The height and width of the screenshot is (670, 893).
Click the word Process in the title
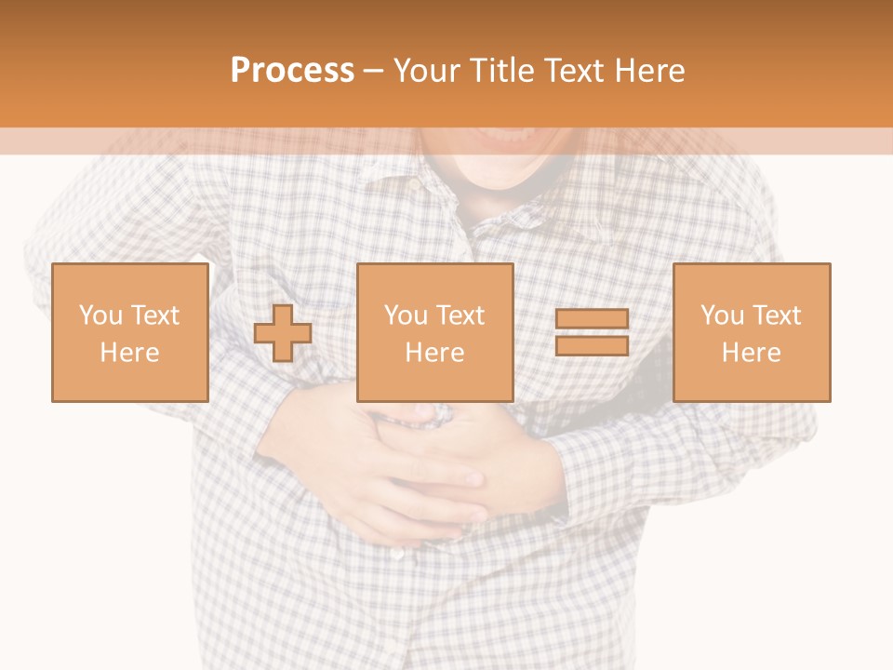coord(292,71)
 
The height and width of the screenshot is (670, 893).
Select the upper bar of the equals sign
coord(592,319)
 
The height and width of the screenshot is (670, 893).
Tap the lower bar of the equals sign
coord(592,346)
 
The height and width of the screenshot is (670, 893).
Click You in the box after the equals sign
coord(722,315)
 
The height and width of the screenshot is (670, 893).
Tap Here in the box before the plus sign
coord(130,353)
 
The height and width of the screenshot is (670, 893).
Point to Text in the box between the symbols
coord(461,315)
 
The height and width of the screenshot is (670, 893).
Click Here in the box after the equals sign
coord(752,353)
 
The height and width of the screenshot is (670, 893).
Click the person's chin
coord(502,177)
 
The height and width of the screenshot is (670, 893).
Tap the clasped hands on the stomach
coord(428,475)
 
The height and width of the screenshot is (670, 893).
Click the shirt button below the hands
coord(398,554)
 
